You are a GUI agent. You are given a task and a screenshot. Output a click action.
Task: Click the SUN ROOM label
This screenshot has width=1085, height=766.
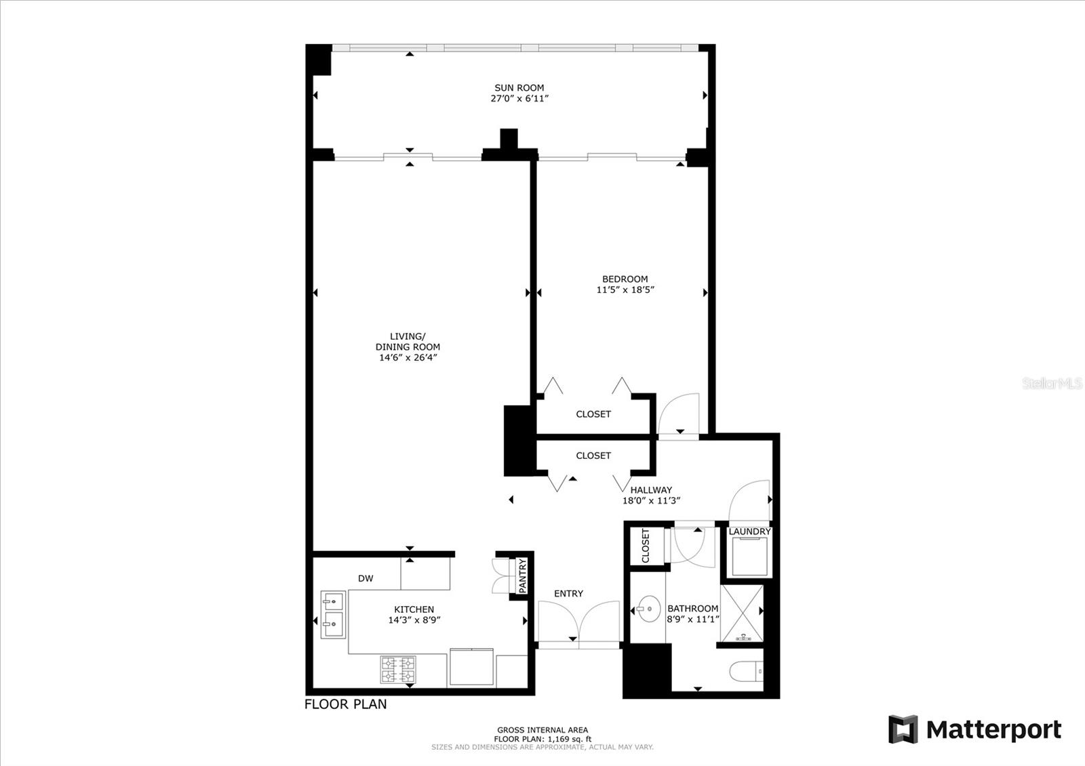click(519, 88)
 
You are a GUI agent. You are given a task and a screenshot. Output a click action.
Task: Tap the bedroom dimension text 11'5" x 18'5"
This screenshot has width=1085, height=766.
click(625, 290)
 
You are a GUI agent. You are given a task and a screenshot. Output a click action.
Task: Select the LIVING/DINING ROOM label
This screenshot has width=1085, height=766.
click(408, 342)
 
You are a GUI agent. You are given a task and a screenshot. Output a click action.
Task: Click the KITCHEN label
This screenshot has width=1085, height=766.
click(414, 609)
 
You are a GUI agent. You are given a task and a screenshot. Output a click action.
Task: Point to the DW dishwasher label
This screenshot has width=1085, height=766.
click(366, 578)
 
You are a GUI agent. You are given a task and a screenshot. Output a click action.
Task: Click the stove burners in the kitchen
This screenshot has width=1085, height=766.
click(398, 670)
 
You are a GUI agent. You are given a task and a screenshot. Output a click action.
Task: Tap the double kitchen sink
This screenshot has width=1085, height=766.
click(333, 614)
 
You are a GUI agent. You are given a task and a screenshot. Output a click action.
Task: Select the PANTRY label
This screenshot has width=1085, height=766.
click(522, 576)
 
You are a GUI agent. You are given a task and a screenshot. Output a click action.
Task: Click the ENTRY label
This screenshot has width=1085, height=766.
click(568, 594)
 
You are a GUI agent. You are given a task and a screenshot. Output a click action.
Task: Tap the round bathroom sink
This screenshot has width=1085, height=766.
click(648, 609)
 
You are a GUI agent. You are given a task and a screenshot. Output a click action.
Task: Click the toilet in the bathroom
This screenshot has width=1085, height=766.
click(747, 672)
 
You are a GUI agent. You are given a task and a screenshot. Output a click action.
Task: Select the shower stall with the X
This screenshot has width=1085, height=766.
click(741, 613)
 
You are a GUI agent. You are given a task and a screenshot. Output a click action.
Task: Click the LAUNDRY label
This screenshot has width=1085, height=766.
click(749, 531)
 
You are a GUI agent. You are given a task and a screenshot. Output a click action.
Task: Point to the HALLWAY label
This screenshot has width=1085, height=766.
click(651, 490)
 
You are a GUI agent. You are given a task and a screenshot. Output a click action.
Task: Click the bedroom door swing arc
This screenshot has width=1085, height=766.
click(679, 412)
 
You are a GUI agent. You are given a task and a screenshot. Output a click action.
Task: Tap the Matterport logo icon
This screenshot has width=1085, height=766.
click(903, 729)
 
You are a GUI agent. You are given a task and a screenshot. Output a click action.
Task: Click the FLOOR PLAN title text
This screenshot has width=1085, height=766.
click(346, 704)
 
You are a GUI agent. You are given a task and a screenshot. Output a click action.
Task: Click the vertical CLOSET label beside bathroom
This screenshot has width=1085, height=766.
click(646, 546)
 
